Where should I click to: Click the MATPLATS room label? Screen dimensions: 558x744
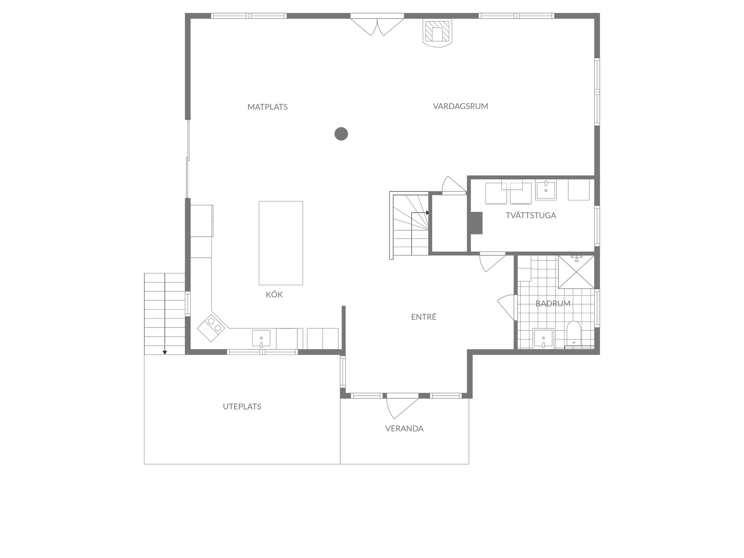point(267,107)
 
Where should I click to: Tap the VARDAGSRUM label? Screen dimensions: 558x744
point(460,106)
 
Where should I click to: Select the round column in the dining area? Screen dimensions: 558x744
point(341,134)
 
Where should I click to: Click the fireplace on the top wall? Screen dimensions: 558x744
point(437,33)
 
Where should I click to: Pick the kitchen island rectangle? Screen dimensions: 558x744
point(281,243)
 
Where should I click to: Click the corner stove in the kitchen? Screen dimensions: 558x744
point(211,327)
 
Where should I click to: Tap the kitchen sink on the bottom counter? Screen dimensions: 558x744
point(261,338)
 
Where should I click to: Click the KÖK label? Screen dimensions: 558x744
point(274,294)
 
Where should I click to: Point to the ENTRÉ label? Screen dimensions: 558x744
point(424,317)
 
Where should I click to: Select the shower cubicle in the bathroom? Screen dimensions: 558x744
point(576,272)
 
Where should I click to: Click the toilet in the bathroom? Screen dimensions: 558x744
point(573,333)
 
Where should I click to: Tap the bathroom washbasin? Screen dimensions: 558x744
point(544,338)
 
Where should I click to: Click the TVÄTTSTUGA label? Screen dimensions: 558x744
point(531,215)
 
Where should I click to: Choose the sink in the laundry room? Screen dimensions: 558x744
point(546,190)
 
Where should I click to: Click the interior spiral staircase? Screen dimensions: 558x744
point(410,225)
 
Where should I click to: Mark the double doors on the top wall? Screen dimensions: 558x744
point(377,26)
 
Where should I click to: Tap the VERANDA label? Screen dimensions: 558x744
point(404,429)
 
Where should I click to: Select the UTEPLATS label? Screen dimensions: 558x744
point(242,406)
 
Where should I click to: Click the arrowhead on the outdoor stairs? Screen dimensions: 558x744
point(165,352)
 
